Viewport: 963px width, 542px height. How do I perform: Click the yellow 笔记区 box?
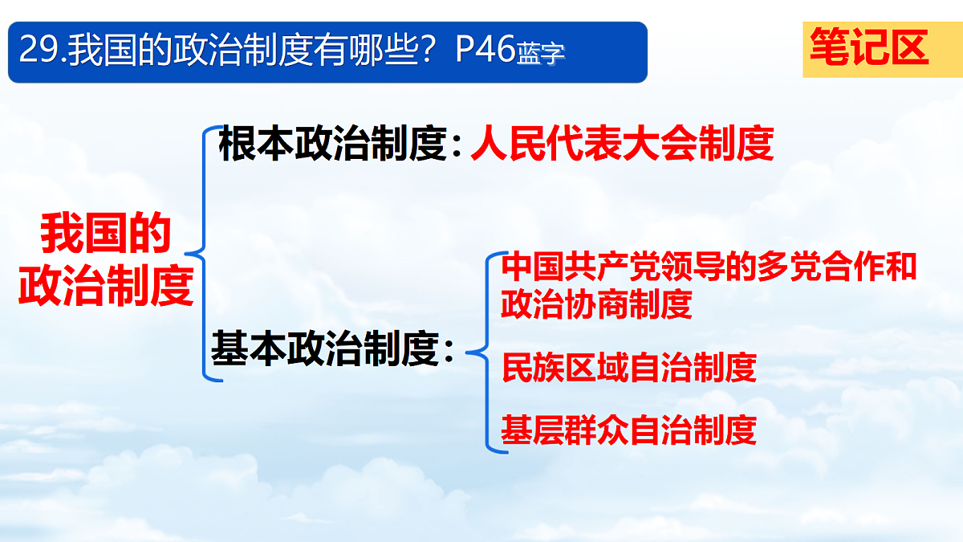click(x=870, y=48)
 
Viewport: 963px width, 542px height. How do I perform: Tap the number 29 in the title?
click(x=35, y=51)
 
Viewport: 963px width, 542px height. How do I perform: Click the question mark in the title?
click(x=437, y=51)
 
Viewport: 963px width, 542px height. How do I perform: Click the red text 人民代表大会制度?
click(x=622, y=145)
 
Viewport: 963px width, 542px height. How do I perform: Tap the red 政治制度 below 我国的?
click(x=106, y=284)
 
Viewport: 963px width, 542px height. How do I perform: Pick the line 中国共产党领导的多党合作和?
click(x=709, y=267)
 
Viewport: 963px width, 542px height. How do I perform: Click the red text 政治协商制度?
click(x=596, y=304)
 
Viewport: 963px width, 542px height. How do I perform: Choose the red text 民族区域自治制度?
click(x=628, y=368)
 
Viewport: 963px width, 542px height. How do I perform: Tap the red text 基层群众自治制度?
click(x=628, y=430)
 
